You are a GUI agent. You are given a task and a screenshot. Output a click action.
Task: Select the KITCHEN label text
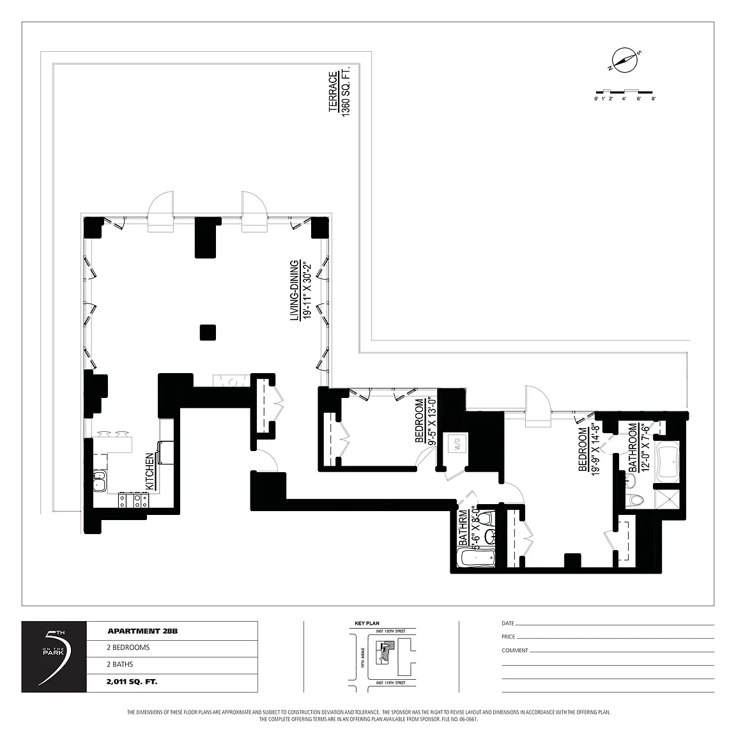[x=149, y=471]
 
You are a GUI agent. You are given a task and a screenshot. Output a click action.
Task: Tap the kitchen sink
[x=99, y=480]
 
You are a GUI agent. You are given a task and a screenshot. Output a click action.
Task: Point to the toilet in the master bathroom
[x=636, y=500]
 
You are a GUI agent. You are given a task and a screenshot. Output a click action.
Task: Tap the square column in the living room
[x=207, y=333]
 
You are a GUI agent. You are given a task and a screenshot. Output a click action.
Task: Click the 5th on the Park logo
[x=54, y=656]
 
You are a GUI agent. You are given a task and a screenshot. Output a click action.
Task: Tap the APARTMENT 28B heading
[x=142, y=631]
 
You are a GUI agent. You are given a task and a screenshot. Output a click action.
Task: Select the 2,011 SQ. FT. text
[x=132, y=682]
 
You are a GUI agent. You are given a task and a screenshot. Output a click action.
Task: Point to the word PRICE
[x=509, y=637]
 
